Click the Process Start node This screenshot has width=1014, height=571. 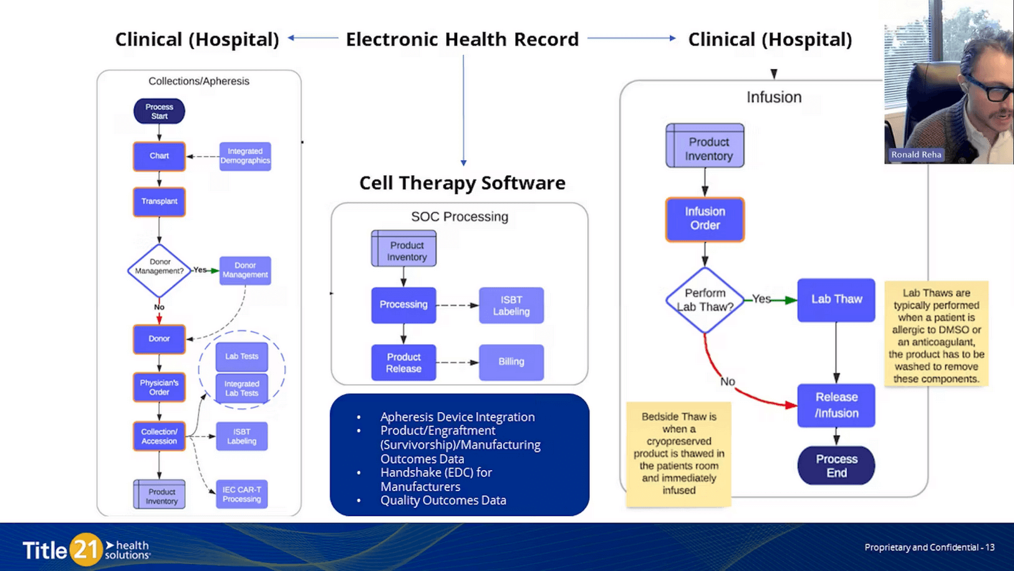click(x=159, y=112)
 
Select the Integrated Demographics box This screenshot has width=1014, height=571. click(x=245, y=156)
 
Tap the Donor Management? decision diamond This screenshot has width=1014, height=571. click(x=159, y=270)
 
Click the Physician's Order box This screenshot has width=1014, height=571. click(x=159, y=387)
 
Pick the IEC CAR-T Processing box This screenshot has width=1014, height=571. click(x=242, y=494)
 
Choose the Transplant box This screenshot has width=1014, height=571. click(x=159, y=201)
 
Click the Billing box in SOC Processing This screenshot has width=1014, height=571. click(x=511, y=362)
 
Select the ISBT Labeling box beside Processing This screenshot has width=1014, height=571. click(x=511, y=305)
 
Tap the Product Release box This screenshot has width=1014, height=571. click(x=403, y=362)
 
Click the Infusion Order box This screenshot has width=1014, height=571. click(x=705, y=219)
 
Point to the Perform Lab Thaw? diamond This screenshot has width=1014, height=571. click(x=705, y=300)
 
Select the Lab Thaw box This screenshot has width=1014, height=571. click(x=836, y=300)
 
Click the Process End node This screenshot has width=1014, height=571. click(x=836, y=466)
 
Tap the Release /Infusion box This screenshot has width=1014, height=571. click(x=836, y=405)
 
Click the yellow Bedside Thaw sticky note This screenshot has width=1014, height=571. click(x=678, y=453)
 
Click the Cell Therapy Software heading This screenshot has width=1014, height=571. click(x=462, y=183)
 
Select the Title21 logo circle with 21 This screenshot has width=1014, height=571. click(x=85, y=550)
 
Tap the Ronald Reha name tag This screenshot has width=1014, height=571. click(x=915, y=155)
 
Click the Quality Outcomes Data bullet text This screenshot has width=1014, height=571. click(x=443, y=501)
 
